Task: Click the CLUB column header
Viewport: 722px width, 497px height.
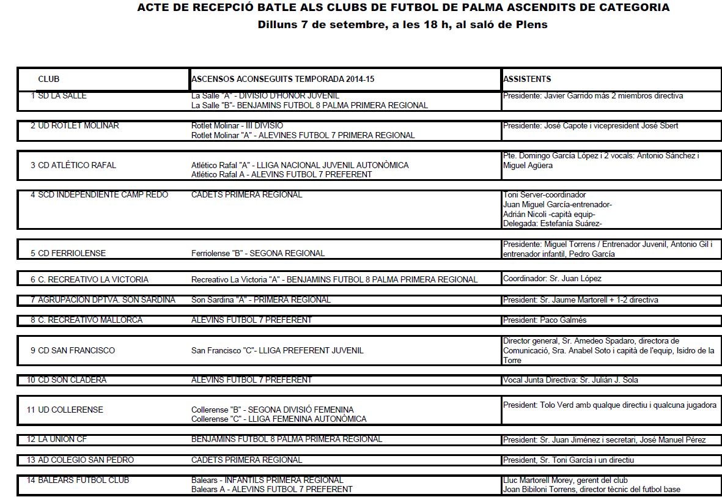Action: pyautogui.click(x=49, y=79)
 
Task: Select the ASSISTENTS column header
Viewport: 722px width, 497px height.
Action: pyautogui.click(x=526, y=79)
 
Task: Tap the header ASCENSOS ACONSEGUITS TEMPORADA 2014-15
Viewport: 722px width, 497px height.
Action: pyautogui.click(x=282, y=79)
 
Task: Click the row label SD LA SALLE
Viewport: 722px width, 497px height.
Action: pyautogui.click(x=62, y=96)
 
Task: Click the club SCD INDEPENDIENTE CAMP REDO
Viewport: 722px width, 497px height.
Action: pyautogui.click(x=103, y=195)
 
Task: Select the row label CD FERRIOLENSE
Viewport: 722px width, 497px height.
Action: pyautogui.click(x=72, y=253)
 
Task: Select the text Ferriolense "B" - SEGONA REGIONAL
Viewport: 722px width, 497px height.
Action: pyautogui.click(x=258, y=253)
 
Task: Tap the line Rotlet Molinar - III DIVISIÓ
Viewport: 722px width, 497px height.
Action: pyautogui.click(x=237, y=125)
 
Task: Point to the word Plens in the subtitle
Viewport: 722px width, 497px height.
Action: pyautogui.click(x=531, y=25)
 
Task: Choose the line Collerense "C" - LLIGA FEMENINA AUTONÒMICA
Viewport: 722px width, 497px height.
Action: pyautogui.click(x=279, y=419)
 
